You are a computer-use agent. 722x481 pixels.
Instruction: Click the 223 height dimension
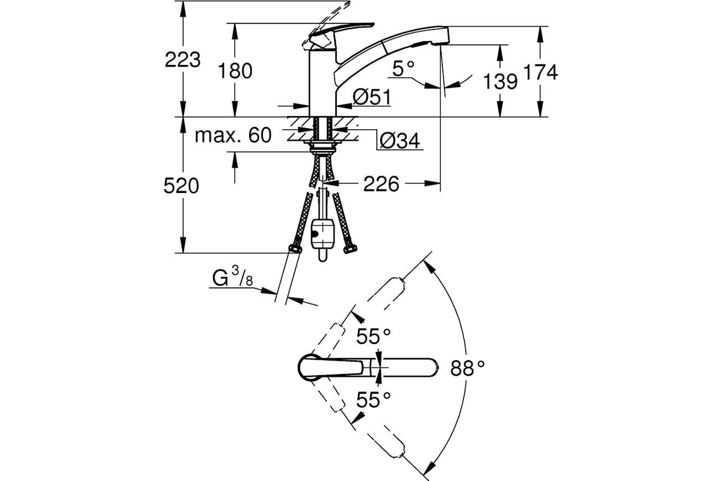[182, 60]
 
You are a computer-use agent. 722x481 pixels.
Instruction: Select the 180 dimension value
[235, 71]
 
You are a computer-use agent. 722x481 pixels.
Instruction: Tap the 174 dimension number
[540, 72]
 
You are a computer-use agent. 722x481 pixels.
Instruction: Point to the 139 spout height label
[500, 81]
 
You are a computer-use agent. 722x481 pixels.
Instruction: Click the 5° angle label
[403, 69]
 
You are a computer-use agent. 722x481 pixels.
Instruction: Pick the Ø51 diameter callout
[372, 97]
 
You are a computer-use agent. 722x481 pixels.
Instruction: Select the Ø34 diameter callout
[400, 141]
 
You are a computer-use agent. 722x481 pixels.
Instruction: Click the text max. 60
[233, 135]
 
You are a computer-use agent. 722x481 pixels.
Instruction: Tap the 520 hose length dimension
[181, 186]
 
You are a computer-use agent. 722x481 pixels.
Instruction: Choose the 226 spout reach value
[381, 184]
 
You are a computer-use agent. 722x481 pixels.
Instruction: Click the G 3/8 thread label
[233, 277]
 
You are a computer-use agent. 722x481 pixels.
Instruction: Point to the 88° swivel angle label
[467, 368]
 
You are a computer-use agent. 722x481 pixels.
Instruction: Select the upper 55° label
[373, 336]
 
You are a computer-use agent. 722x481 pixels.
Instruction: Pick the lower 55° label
[373, 400]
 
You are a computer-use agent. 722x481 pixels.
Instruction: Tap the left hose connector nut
[295, 249]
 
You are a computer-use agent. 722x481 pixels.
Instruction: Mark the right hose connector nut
[350, 249]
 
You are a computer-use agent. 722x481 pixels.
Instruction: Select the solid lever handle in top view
[332, 367]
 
